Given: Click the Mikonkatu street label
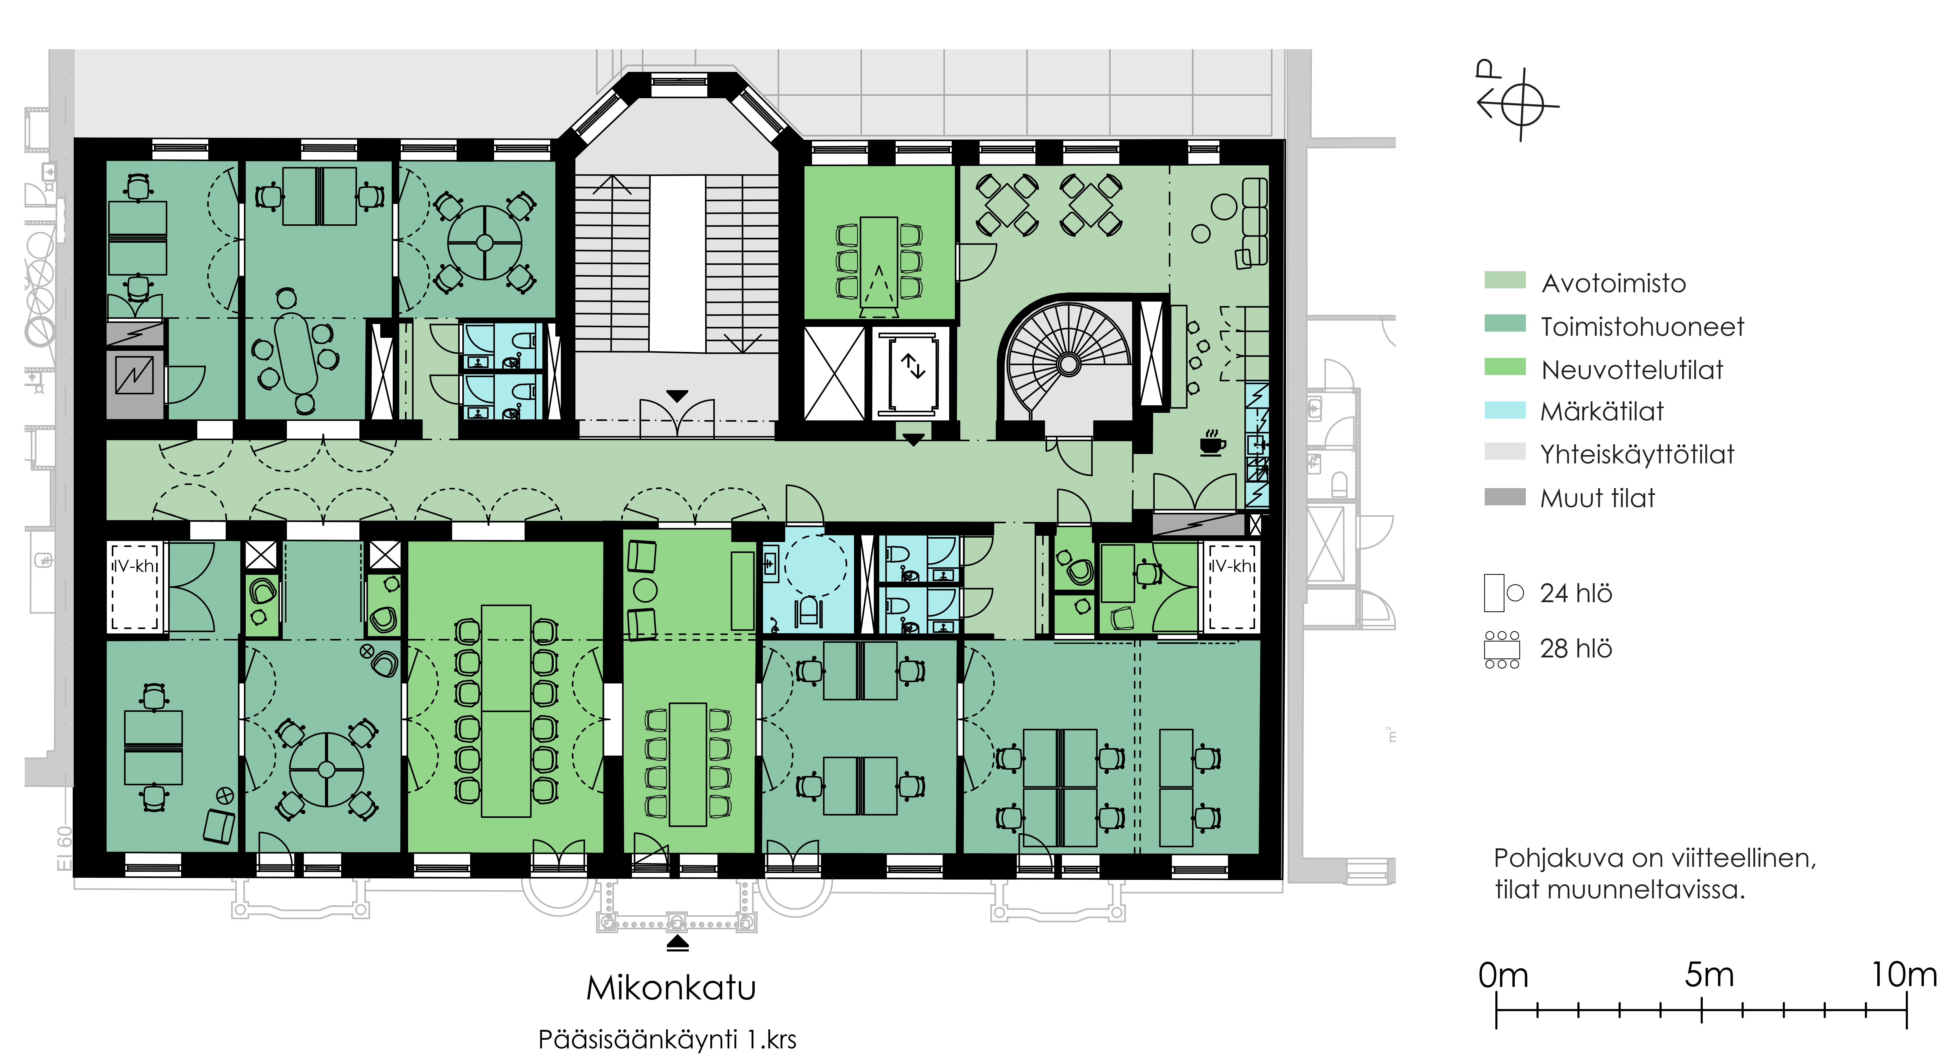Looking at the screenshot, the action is coord(671,987).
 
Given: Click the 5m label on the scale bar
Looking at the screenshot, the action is coord(1709,974).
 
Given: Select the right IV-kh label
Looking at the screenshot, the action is coord(1232,566).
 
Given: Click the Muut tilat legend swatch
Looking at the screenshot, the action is coord(1504,497).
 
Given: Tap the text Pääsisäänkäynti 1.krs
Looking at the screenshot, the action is coord(667,1039).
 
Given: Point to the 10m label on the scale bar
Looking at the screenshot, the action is coord(1904,974).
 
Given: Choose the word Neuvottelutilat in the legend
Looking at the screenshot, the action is coord(1632,370).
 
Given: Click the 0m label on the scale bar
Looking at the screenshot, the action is coord(1503,974).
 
